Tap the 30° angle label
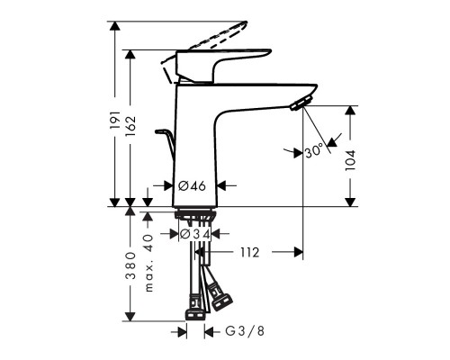(x=312, y=152)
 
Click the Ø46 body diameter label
(x=193, y=185)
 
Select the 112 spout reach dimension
(x=249, y=253)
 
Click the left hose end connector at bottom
(x=193, y=314)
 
